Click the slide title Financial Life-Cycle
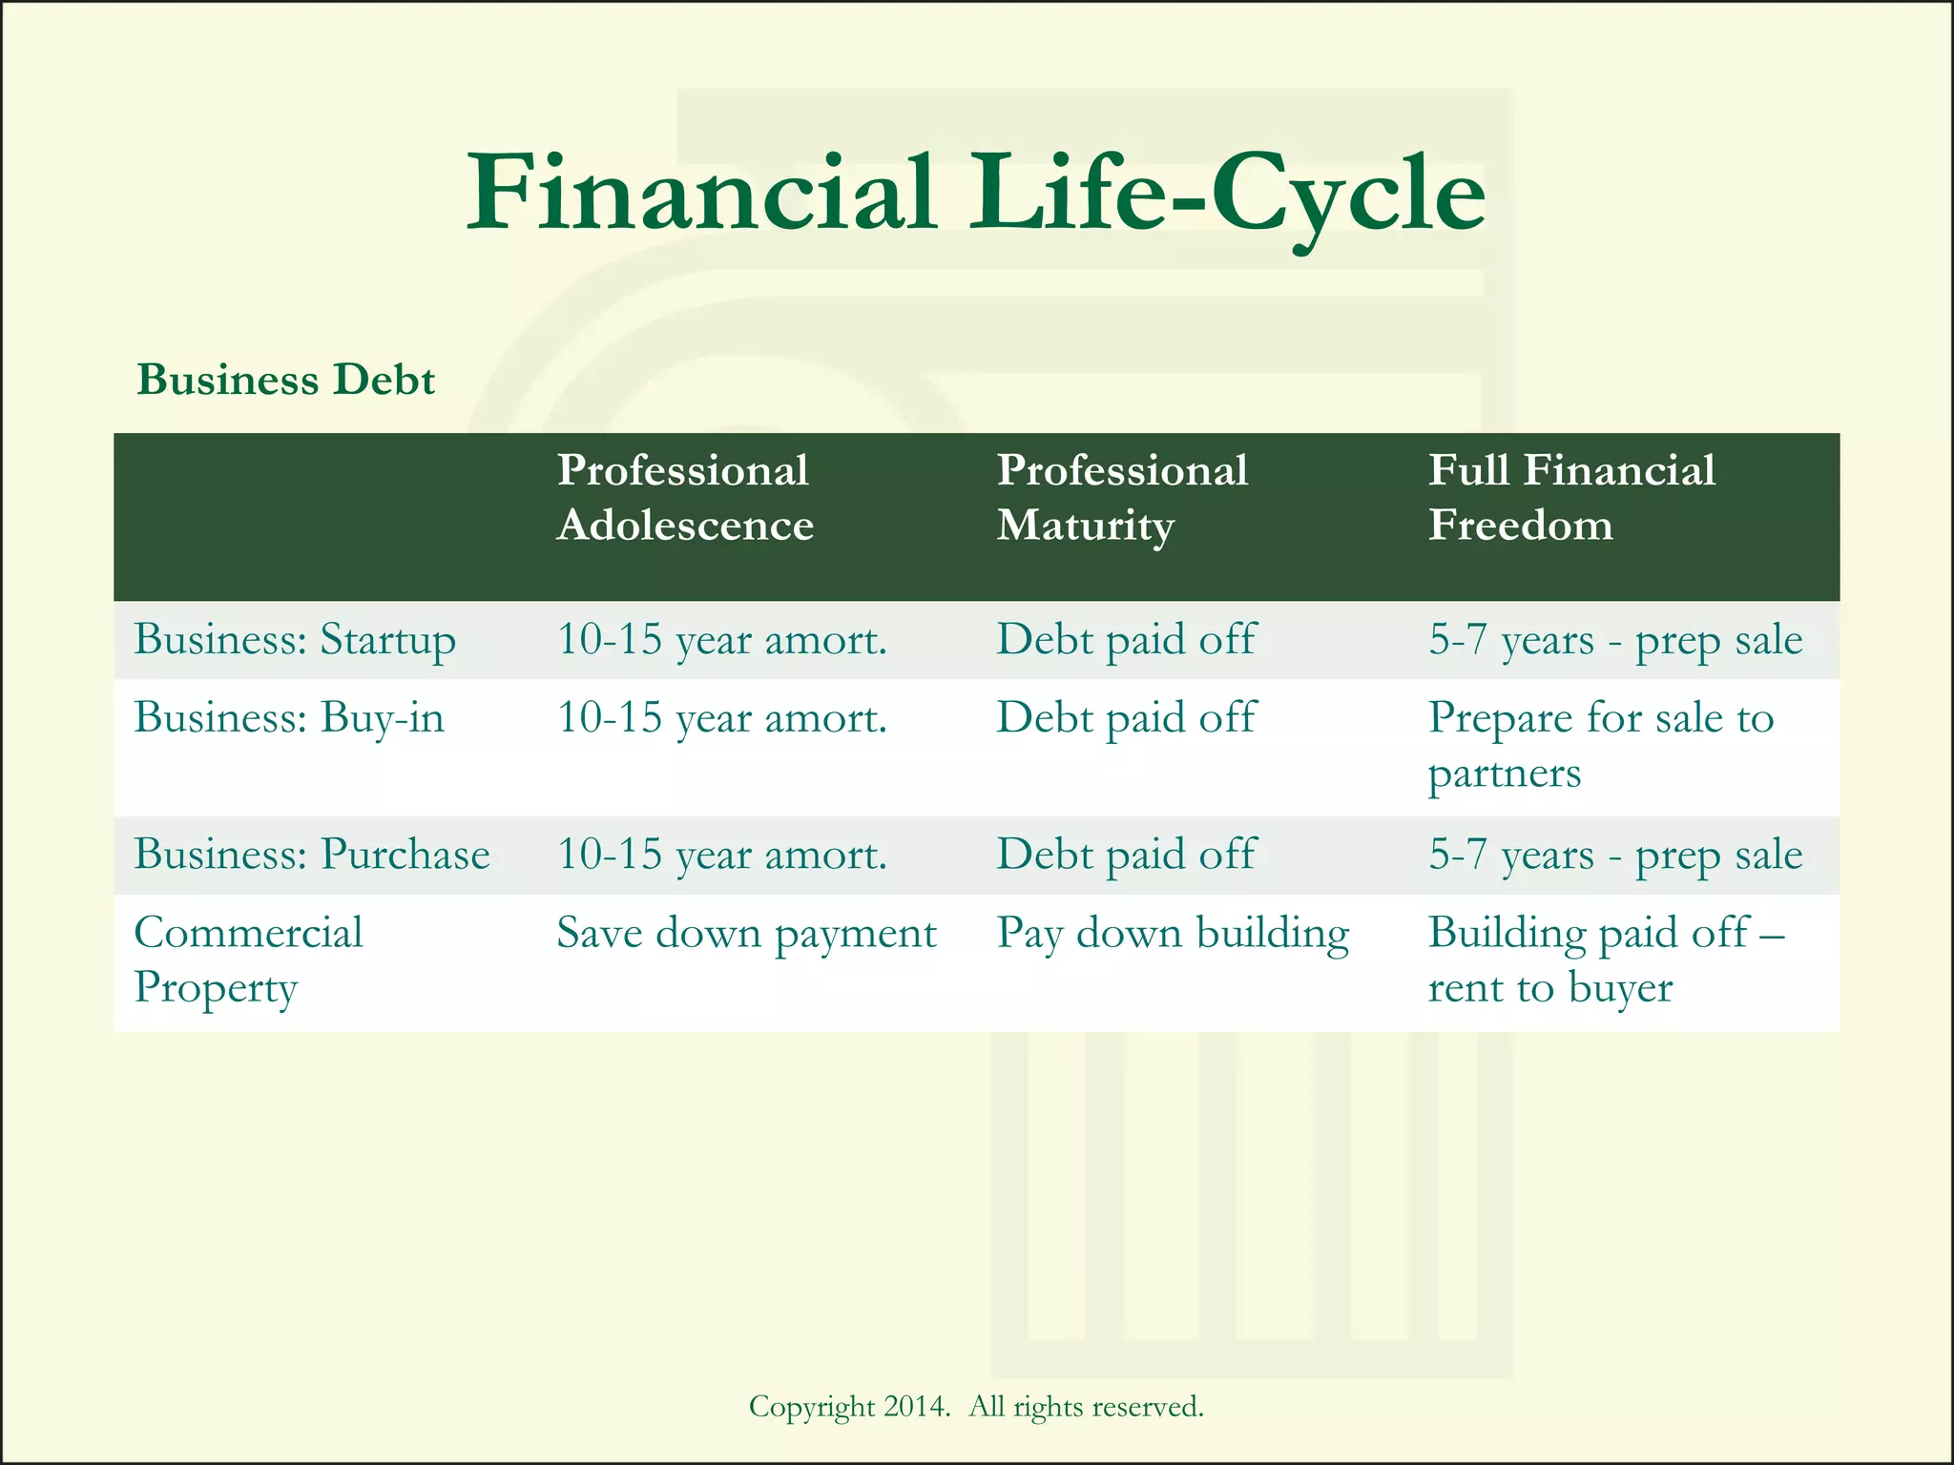975,195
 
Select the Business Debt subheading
285,380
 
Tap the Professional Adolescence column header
684,498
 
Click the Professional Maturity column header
1122,498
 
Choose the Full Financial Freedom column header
1570,498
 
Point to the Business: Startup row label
295,640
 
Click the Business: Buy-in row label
289,718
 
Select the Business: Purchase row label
311,855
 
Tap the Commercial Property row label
248,959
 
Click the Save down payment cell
746,934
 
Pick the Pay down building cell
1173,934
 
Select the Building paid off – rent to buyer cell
1605,959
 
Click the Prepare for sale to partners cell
1600,745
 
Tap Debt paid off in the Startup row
1126,640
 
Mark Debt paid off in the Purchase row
1126,855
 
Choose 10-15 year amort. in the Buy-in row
721,718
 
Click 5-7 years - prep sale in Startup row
1614,640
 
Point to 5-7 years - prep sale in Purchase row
1614,855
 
